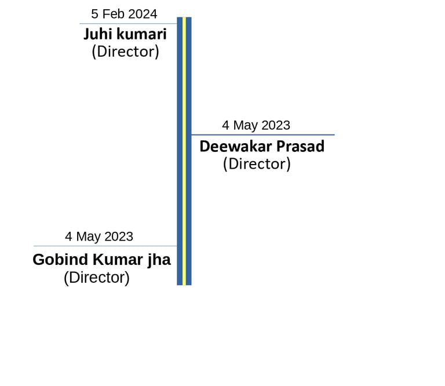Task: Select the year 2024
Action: (x=142, y=14)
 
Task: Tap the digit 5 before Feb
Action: (x=95, y=14)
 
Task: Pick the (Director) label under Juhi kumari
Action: (x=125, y=52)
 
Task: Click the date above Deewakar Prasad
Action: (x=256, y=125)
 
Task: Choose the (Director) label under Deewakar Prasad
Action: (x=257, y=164)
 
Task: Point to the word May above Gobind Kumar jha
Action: (x=89, y=236)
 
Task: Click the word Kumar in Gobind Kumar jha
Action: (x=115, y=260)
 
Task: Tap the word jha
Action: (x=158, y=260)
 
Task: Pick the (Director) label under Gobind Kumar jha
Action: (x=97, y=278)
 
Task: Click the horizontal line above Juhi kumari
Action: (x=127, y=24)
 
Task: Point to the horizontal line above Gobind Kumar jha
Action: (x=104, y=246)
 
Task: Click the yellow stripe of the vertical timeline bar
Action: (x=184, y=151)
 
